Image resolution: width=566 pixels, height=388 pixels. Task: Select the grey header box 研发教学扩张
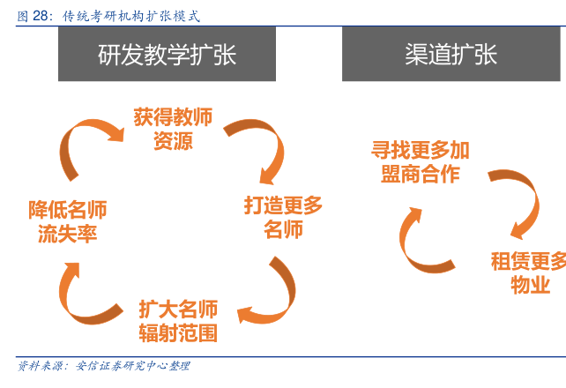coord(167,54)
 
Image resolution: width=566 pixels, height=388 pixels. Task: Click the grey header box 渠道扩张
coord(451,54)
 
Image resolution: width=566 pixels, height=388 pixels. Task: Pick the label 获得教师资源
coord(173,129)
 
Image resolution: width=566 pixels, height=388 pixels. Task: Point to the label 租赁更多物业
coord(528,272)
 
